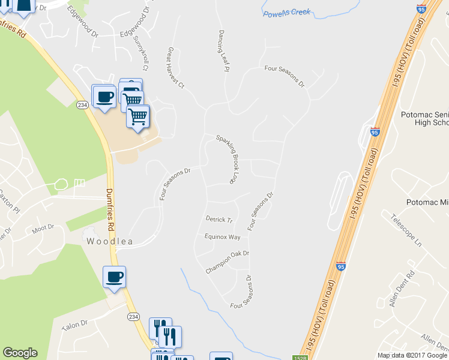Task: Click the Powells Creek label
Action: tap(286, 12)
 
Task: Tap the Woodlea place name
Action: tap(109, 242)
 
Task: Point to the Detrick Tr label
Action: tap(218, 220)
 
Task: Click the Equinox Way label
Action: tap(222, 237)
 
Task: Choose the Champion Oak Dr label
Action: tap(227, 254)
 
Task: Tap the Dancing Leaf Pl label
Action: tap(223, 50)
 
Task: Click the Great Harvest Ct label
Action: tap(176, 68)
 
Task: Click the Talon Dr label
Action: tap(74, 324)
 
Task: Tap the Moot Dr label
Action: tap(43, 228)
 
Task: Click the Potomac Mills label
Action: tap(427, 203)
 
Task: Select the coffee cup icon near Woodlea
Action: tap(114, 277)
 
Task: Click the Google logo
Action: tap(20, 353)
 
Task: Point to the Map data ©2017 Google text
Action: tap(412, 355)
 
